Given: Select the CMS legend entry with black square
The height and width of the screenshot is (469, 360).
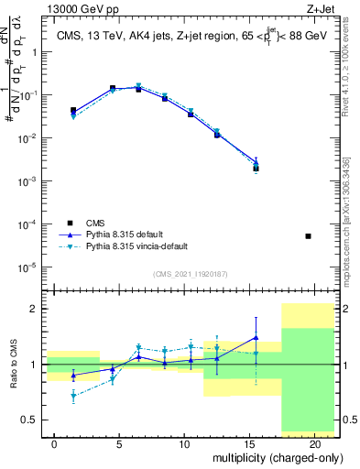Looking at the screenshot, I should point(73,223).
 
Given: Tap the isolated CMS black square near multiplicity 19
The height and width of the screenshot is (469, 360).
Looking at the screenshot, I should point(308,236).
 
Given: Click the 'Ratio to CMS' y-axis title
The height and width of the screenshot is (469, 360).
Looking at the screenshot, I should point(14,364).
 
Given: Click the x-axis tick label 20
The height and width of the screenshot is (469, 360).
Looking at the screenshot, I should point(314,443).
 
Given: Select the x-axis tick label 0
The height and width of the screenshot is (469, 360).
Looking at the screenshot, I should point(55,443).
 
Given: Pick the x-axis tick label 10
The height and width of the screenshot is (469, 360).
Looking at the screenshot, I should point(184,443).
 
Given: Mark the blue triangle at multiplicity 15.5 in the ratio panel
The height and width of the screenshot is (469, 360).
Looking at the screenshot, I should point(256,337).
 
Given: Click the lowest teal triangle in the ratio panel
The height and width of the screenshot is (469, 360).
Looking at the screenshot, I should point(73,397).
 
